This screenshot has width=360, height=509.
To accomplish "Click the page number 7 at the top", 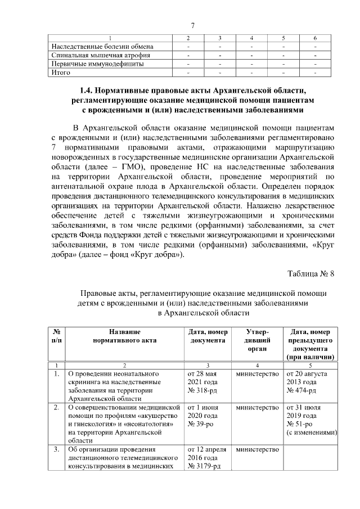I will pyautogui.click(x=193, y=25).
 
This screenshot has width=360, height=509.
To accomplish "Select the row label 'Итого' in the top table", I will pyautogui.click(x=61, y=73).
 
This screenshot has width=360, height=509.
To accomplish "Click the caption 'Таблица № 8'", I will pyautogui.click(x=311, y=274).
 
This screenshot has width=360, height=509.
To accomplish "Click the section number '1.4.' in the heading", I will pyautogui.click(x=88, y=90).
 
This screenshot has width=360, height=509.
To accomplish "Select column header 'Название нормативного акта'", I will pyautogui.click(x=124, y=336).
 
